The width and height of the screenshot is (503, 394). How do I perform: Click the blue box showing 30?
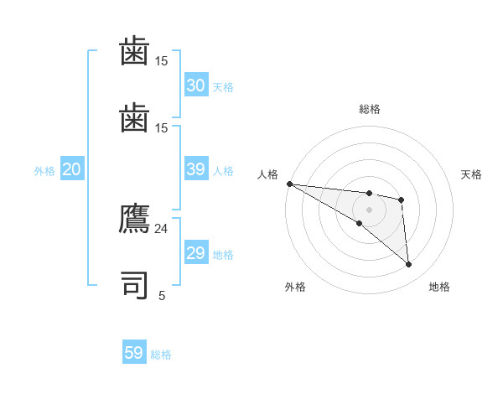[x=196, y=85]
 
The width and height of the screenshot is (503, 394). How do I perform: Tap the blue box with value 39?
[x=196, y=169]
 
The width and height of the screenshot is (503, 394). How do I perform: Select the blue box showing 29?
[x=196, y=253]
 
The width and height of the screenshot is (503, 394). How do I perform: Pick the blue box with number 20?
[x=71, y=169]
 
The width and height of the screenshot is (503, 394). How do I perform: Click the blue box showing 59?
[x=134, y=353]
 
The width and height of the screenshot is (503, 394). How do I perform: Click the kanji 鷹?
[x=135, y=220]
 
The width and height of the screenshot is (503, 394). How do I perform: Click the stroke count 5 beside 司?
[x=162, y=295]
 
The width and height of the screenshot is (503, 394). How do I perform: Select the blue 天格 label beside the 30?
[x=223, y=87]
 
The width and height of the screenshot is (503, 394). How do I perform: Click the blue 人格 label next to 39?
[x=223, y=171]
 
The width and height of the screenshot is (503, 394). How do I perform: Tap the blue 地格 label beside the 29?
[x=223, y=255]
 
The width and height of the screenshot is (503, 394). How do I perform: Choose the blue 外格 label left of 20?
[x=44, y=171]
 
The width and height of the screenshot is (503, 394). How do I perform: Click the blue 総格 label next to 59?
[x=161, y=355]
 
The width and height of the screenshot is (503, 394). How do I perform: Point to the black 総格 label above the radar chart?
[x=370, y=109]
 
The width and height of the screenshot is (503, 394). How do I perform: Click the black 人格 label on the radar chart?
[x=267, y=174]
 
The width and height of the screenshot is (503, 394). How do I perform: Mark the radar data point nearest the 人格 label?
[x=289, y=184]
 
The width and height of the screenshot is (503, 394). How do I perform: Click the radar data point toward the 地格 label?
[x=408, y=265]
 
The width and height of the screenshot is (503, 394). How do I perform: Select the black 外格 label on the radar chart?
[x=295, y=288]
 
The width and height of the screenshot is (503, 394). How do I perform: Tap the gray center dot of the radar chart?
[x=369, y=210]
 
